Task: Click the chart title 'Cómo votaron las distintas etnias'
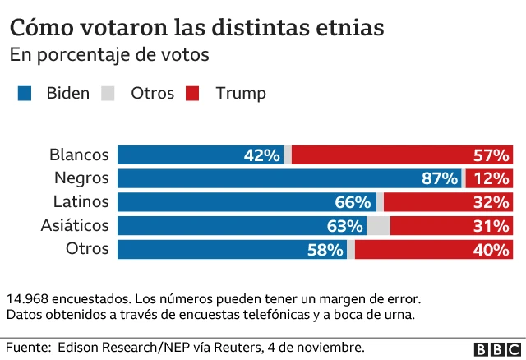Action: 196,27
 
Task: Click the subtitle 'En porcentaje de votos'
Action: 109,55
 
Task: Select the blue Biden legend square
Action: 25,94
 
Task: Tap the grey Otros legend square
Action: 108,94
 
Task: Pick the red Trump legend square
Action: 193,94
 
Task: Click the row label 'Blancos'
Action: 79,155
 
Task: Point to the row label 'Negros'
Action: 81,178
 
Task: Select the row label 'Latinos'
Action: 81,201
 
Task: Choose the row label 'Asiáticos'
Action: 75,225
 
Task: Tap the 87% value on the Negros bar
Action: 440,178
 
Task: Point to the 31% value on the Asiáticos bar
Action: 491,226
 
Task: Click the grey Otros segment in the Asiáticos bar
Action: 378,226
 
